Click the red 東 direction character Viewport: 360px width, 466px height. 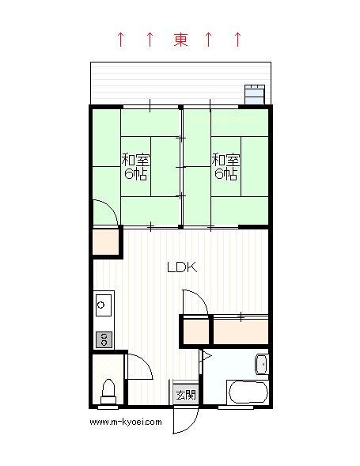[x=180, y=40]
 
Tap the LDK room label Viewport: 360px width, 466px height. [x=182, y=267]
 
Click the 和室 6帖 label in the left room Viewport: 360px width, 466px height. [x=135, y=166]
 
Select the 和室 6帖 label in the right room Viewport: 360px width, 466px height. [x=225, y=166]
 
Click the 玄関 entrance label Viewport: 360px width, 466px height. [x=186, y=395]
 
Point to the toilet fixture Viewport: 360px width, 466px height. [x=108, y=392]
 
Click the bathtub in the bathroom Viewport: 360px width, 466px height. [x=248, y=392]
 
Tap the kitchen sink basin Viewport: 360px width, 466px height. [x=104, y=305]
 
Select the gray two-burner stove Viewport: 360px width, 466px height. [x=104, y=339]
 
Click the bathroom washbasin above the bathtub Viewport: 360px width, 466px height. [x=262, y=365]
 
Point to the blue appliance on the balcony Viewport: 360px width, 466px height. [x=255, y=94]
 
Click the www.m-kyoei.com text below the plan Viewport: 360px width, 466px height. [x=126, y=422]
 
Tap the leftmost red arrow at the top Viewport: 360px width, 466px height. [x=120, y=40]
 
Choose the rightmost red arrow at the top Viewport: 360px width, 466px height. [x=237, y=40]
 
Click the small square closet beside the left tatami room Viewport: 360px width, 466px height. [x=106, y=243]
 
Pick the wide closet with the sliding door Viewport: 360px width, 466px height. [x=241, y=332]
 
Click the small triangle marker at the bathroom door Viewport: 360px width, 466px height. [x=207, y=356]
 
